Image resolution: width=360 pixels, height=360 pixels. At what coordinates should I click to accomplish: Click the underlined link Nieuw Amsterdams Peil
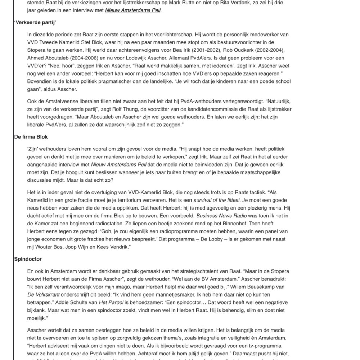point(133,10)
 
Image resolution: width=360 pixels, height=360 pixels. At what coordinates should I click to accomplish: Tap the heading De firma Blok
point(31,137)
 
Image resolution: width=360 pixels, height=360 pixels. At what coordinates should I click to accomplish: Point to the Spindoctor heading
point(28,259)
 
